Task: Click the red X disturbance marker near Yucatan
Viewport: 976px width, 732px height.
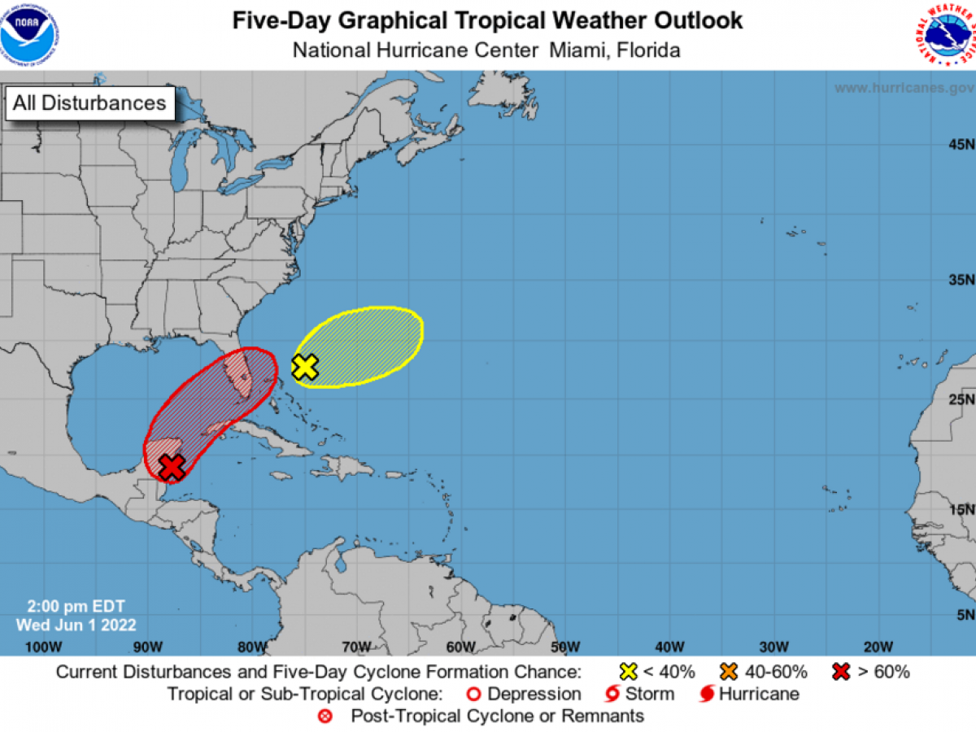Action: [172, 467]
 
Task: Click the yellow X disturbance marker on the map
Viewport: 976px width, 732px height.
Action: [305, 367]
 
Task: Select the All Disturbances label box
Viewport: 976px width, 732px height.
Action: [89, 103]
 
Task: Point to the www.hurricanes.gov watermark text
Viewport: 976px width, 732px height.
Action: [903, 88]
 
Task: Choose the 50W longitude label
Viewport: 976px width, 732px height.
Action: [564, 647]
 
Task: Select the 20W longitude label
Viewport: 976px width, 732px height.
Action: [878, 647]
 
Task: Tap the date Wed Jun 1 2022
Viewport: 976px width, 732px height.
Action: [76, 625]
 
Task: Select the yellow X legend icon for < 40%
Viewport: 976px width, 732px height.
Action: [628, 672]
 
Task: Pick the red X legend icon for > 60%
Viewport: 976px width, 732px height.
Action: [842, 672]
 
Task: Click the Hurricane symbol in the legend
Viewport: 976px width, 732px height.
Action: [707, 694]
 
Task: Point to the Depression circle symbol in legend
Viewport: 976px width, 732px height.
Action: [474, 694]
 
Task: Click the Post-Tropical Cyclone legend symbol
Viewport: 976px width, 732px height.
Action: [326, 716]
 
